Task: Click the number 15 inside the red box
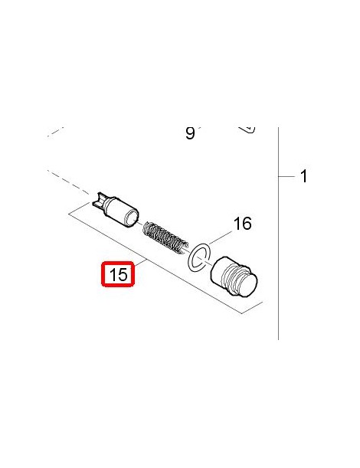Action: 119,274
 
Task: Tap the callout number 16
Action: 242,224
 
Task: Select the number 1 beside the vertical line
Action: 303,176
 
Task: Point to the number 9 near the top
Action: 190,133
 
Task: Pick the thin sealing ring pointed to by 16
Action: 199,257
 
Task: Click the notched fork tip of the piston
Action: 100,200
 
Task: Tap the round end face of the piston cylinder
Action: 132,217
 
